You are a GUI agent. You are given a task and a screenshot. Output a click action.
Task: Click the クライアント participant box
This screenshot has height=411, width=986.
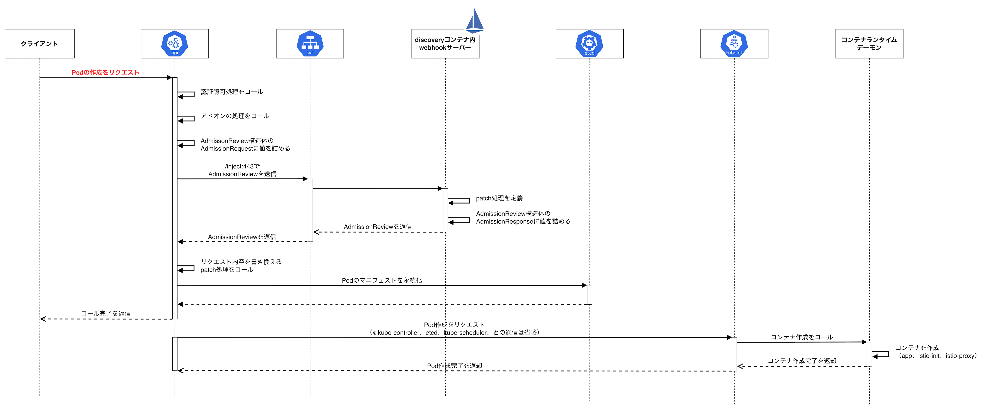click(39, 44)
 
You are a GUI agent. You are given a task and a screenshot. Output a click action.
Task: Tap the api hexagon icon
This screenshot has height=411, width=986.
click(174, 43)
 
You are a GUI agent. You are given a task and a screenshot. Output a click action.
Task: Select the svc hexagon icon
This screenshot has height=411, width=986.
click(310, 43)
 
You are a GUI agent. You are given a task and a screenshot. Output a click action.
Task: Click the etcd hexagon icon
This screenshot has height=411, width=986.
click(589, 43)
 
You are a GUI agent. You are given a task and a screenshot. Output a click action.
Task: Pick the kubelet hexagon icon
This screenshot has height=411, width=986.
click(734, 43)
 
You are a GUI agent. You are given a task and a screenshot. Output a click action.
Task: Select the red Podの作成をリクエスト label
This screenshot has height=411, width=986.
click(105, 72)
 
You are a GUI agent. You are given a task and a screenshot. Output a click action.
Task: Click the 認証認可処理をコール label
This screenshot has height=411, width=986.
click(232, 92)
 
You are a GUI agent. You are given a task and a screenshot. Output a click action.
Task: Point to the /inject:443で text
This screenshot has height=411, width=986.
click(242, 166)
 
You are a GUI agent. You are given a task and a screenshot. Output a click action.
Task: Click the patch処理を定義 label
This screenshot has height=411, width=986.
click(499, 198)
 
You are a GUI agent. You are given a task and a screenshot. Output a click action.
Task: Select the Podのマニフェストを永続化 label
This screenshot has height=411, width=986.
click(382, 280)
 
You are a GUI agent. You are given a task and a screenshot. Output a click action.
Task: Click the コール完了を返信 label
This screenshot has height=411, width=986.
click(106, 313)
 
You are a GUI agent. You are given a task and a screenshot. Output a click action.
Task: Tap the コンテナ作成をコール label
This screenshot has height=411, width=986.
click(802, 337)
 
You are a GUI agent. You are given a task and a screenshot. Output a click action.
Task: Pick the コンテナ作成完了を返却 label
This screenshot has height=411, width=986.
click(802, 361)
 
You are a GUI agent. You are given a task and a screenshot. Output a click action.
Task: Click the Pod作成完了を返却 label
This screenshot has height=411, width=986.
click(454, 366)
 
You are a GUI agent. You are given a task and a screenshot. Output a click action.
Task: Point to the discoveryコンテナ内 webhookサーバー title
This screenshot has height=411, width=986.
click(445, 44)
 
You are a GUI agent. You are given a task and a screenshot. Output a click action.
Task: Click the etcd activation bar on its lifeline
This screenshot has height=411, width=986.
click(589, 295)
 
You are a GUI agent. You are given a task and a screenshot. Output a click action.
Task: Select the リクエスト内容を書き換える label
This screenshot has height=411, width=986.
click(241, 262)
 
